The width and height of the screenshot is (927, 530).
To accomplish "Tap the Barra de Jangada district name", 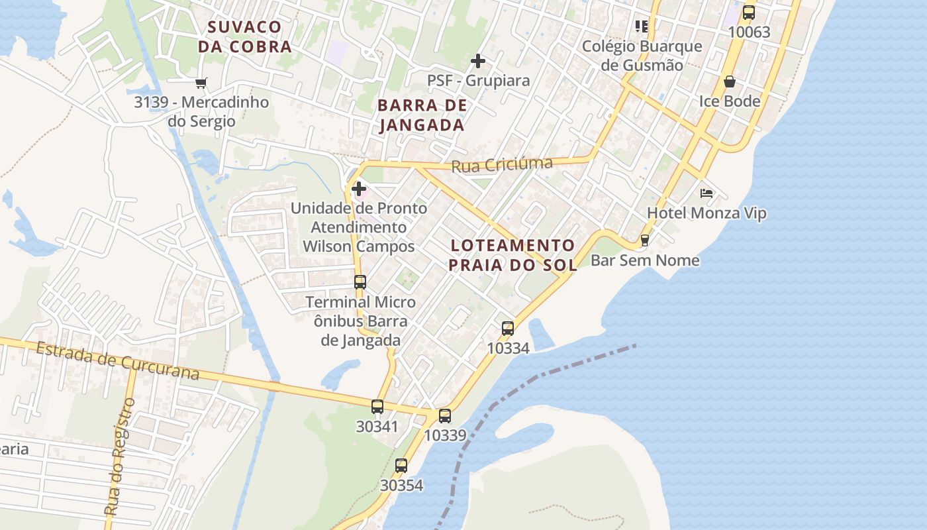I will pyautogui.click(x=422, y=115).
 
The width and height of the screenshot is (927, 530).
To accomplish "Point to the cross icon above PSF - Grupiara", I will pyautogui.click(x=477, y=62).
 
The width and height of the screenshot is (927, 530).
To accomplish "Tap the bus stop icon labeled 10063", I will pyautogui.click(x=748, y=13).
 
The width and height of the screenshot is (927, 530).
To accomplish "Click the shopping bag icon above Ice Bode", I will pyautogui.click(x=729, y=82).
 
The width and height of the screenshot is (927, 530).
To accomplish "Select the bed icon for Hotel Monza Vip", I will pyautogui.click(x=707, y=193).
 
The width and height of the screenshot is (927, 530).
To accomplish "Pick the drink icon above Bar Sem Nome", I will pyautogui.click(x=644, y=240).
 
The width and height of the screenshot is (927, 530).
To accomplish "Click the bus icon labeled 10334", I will pyautogui.click(x=508, y=328).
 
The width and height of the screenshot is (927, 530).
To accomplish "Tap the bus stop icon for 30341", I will pyautogui.click(x=377, y=407).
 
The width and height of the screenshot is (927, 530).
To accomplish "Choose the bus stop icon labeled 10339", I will pyautogui.click(x=445, y=416).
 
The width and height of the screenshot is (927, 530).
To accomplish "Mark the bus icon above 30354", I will pyautogui.click(x=401, y=466).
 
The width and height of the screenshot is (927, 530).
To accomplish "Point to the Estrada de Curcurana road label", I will pyautogui.click(x=117, y=361).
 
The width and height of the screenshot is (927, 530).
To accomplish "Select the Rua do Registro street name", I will pyautogui.click(x=120, y=457).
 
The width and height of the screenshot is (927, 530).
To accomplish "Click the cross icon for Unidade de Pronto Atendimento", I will pyautogui.click(x=359, y=189).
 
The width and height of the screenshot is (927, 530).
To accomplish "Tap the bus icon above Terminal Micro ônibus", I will pyautogui.click(x=360, y=282).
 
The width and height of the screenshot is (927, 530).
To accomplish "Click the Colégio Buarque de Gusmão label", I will pyautogui.click(x=642, y=56).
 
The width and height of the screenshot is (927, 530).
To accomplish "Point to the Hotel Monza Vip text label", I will pyautogui.click(x=707, y=213).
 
